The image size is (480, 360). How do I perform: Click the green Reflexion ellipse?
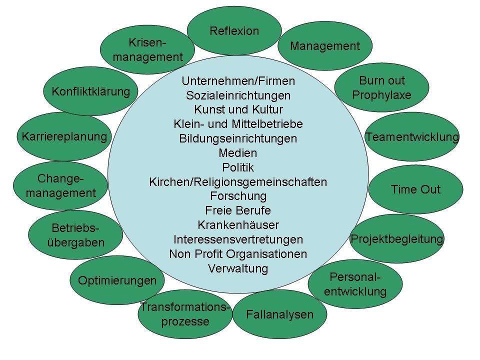234,31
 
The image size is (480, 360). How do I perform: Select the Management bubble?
325,46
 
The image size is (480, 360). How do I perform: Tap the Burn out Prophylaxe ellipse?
381,87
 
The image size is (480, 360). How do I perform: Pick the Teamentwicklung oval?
412,137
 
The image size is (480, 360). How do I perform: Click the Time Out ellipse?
415,189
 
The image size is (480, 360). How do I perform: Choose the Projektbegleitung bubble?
397,239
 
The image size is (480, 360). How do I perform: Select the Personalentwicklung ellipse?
355,284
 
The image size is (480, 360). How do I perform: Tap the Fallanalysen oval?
279,314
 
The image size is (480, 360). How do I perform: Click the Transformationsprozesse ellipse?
185,314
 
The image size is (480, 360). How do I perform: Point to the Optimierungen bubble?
117,280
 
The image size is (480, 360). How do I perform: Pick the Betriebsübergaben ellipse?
75,235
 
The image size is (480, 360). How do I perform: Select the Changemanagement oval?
60,185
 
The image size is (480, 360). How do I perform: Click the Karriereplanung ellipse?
64,136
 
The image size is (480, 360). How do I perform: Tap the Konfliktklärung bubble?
90,91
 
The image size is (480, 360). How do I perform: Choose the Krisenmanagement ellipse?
147,49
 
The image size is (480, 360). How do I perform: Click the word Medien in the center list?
238,153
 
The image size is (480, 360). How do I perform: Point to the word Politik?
238,167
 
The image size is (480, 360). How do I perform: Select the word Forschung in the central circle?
238,196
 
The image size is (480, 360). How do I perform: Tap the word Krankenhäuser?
238,225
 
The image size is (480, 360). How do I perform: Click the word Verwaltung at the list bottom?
238,268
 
